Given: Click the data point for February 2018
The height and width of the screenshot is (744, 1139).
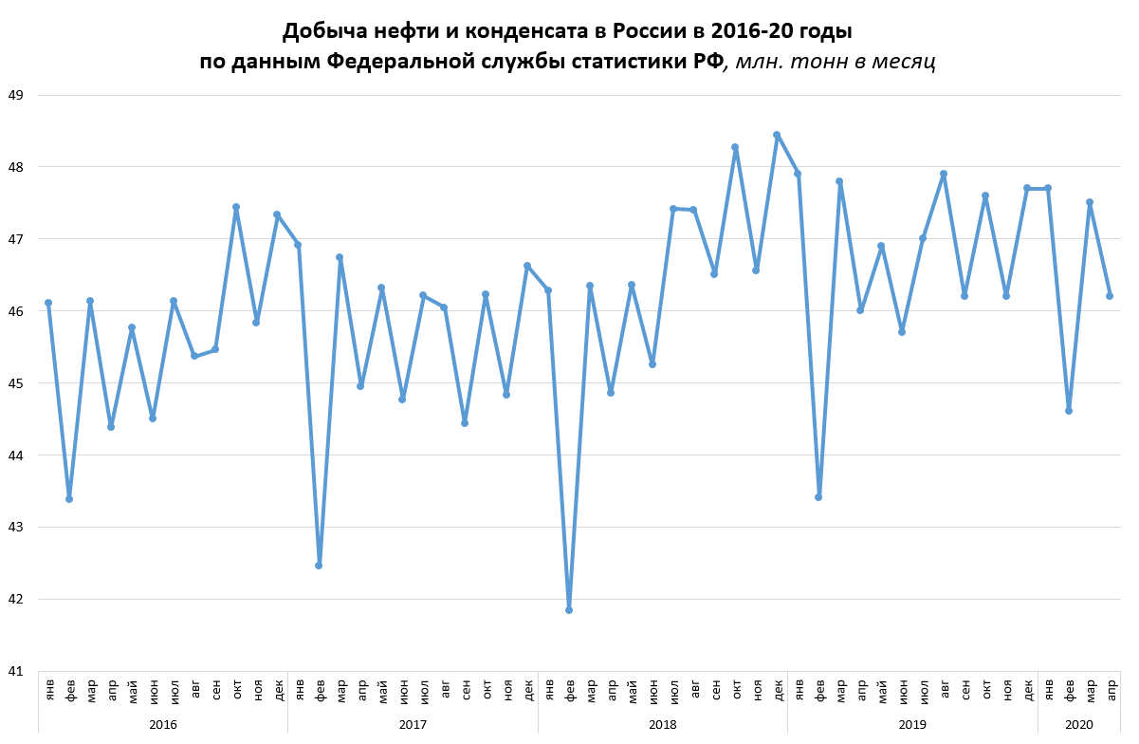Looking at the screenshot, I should [x=569, y=609].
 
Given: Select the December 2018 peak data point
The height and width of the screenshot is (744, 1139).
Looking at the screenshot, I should [x=777, y=135].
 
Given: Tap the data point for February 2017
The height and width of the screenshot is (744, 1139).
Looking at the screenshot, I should [x=319, y=566].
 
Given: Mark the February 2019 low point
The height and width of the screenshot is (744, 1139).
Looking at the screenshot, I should [x=818, y=496].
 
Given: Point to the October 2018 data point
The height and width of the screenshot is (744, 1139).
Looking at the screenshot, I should [x=735, y=147].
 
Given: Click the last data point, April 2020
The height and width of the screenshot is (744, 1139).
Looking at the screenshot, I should [x=1110, y=296].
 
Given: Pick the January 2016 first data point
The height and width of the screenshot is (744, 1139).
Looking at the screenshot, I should [x=48, y=303].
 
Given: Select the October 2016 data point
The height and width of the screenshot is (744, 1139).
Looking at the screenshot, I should [x=236, y=207].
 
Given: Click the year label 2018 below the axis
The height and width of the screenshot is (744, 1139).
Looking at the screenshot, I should [x=662, y=725].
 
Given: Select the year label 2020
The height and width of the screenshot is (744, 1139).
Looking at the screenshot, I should [x=1079, y=725].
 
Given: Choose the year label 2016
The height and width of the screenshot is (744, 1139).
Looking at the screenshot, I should [x=163, y=725].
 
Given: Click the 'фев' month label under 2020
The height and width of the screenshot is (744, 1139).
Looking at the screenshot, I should [x=1069, y=690].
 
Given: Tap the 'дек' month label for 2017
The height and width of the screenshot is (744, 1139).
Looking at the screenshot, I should [x=527, y=690].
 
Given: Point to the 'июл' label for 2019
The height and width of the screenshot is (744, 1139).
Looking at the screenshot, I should [x=923, y=690].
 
